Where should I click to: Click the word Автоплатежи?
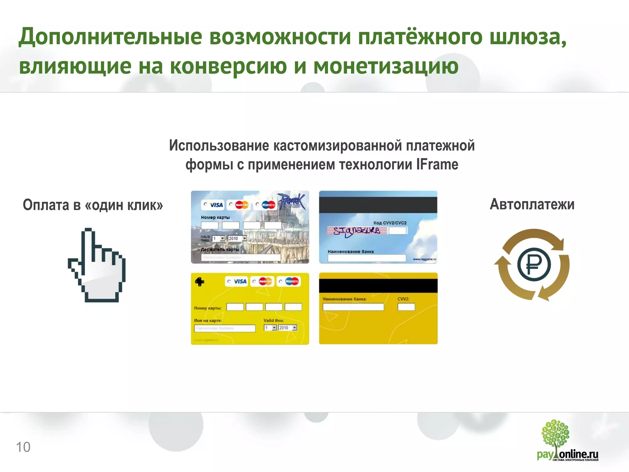tap(532, 204)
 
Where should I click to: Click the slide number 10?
tap(23, 447)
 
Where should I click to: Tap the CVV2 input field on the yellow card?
tap(406, 307)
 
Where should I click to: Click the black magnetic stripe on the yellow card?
tap(378, 286)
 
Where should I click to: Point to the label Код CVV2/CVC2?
tap(390, 223)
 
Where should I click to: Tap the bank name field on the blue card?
tap(366, 258)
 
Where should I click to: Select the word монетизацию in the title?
tap(386, 66)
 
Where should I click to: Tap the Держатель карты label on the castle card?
tap(220, 250)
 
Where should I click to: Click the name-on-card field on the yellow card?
tap(225, 328)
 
